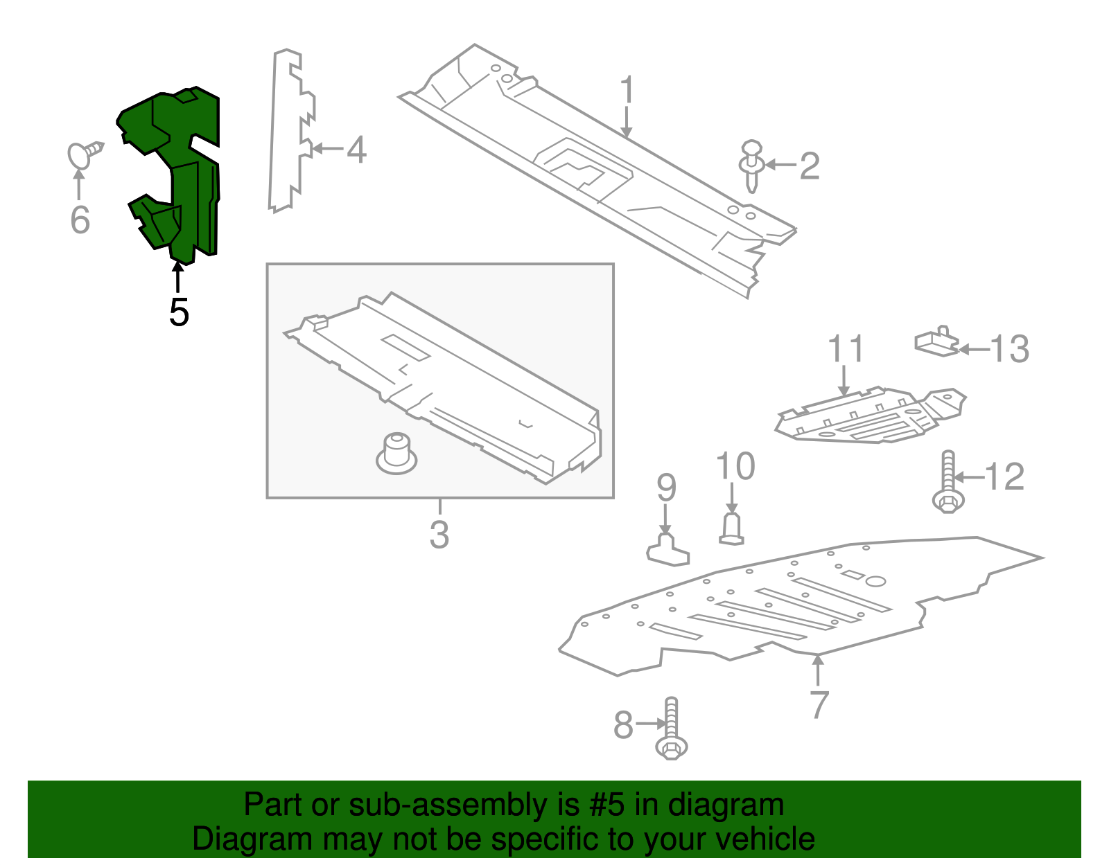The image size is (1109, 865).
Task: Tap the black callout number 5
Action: (x=179, y=312)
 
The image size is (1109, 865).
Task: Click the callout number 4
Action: (x=356, y=149)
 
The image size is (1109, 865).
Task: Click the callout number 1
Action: (x=627, y=91)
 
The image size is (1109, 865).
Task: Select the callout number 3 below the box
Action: (x=439, y=534)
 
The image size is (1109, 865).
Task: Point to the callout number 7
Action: (x=819, y=704)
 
